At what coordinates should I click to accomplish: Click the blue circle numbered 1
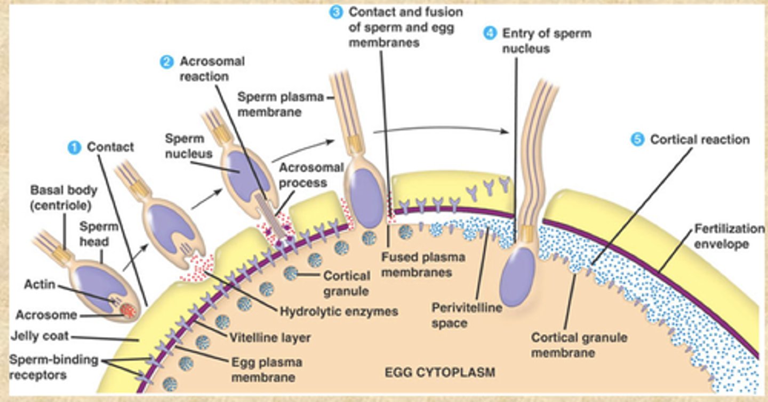tap(74, 148)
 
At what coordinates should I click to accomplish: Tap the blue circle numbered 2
tap(167, 62)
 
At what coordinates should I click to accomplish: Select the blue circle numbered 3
tap(335, 12)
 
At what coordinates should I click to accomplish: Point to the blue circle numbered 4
tap(490, 33)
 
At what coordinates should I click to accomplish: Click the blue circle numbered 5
tap(637, 140)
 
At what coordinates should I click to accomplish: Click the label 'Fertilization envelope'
tap(729, 236)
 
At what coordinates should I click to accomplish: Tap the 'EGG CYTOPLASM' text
tap(439, 372)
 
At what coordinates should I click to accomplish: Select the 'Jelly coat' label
tap(41, 337)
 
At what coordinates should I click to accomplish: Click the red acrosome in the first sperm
tap(128, 310)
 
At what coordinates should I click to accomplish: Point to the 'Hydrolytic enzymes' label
tap(339, 311)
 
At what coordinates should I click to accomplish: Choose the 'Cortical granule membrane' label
tap(579, 345)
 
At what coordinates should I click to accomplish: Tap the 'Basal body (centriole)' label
tap(63, 197)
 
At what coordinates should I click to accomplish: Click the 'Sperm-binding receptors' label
tap(53, 367)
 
